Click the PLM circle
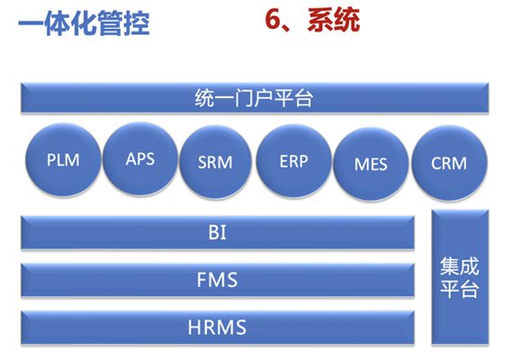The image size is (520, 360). pos(63,160)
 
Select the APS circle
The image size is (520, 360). pos(140,158)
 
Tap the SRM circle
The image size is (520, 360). pos(215,162)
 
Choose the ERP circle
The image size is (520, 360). pos(294,161)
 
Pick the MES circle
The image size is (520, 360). pos(371,164)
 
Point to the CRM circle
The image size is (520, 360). pos(449,163)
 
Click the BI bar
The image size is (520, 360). pos(218,232)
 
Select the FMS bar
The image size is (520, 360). pos(218,280)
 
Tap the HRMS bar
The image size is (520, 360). pos(218,328)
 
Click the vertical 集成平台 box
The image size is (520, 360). pos(460,277)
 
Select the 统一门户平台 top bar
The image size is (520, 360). pos(255,98)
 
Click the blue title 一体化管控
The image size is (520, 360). pos(84,22)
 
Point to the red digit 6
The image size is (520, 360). pos(273,20)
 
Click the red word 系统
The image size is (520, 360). pos(334,20)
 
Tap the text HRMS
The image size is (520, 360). pos(217,328)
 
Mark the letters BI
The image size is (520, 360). pos(218,232)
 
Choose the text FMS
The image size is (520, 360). pos(217,280)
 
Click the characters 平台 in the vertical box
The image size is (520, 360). pos(460,289)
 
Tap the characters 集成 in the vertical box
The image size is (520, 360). pos(460,266)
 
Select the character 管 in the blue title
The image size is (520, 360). pos(110,22)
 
